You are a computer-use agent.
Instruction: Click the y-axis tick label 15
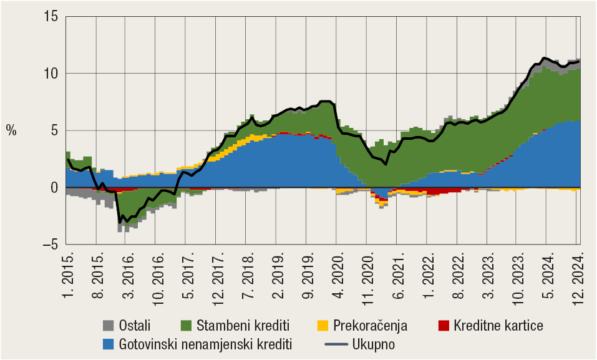(x=51, y=16)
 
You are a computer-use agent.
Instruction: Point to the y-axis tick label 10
(x=51, y=74)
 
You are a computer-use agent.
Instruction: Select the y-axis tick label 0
(x=54, y=188)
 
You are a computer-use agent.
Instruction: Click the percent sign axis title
(x=11, y=130)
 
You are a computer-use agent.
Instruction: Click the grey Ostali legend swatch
(x=108, y=325)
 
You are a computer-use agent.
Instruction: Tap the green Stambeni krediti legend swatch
(x=187, y=325)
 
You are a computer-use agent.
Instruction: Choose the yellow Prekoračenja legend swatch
(x=323, y=325)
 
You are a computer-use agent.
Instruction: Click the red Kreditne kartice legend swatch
(x=444, y=325)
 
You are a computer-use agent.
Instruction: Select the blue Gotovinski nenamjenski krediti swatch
(x=108, y=344)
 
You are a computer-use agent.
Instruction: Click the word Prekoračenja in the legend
(x=370, y=325)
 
